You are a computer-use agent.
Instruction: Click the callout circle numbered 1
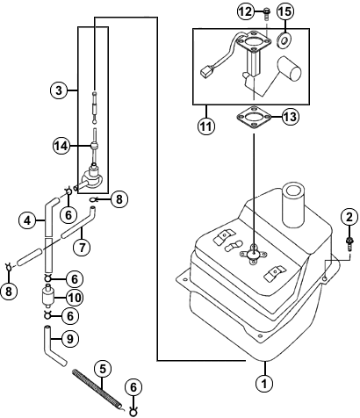click(x=264, y=383)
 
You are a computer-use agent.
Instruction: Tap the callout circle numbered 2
click(x=349, y=217)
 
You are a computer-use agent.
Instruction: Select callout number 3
click(x=59, y=90)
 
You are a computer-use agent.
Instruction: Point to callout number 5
click(x=103, y=370)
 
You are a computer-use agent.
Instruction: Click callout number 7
click(x=83, y=248)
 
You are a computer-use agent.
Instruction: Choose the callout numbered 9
click(x=70, y=339)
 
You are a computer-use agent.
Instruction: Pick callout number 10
click(x=75, y=298)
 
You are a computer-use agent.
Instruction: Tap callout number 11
click(x=206, y=126)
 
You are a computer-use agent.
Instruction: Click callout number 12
click(x=245, y=11)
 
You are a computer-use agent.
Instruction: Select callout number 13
click(x=291, y=118)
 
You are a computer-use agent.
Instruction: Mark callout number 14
click(x=61, y=146)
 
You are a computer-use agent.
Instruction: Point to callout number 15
click(x=285, y=11)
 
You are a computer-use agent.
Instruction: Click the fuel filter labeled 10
click(x=47, y=296)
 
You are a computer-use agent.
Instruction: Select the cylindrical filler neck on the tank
click(x=293, y=205)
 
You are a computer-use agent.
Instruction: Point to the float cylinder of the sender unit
click(x=290, y=68)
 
